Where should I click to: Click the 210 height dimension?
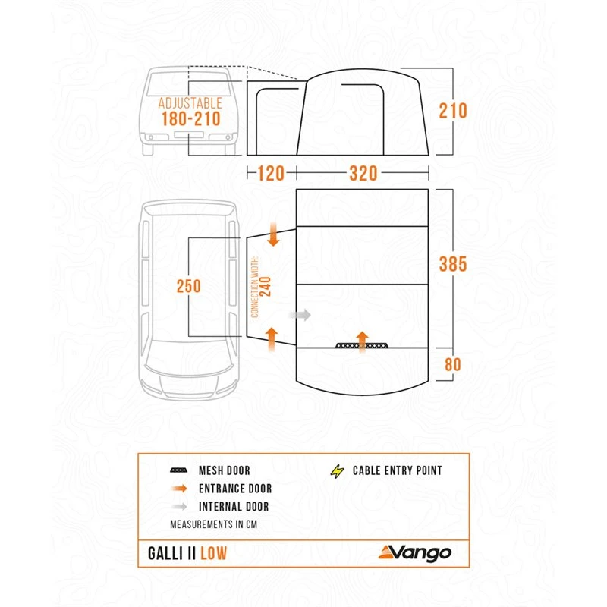(452, 111)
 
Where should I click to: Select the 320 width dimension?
(363, 174)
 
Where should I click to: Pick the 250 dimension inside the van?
(190, 286)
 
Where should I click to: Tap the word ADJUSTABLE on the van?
(190, 102)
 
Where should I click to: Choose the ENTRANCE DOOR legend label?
(234, 489)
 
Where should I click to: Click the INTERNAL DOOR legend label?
(234, 507)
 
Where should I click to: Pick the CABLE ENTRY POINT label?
(397, 470)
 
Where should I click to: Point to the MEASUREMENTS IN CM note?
(214, 524)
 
